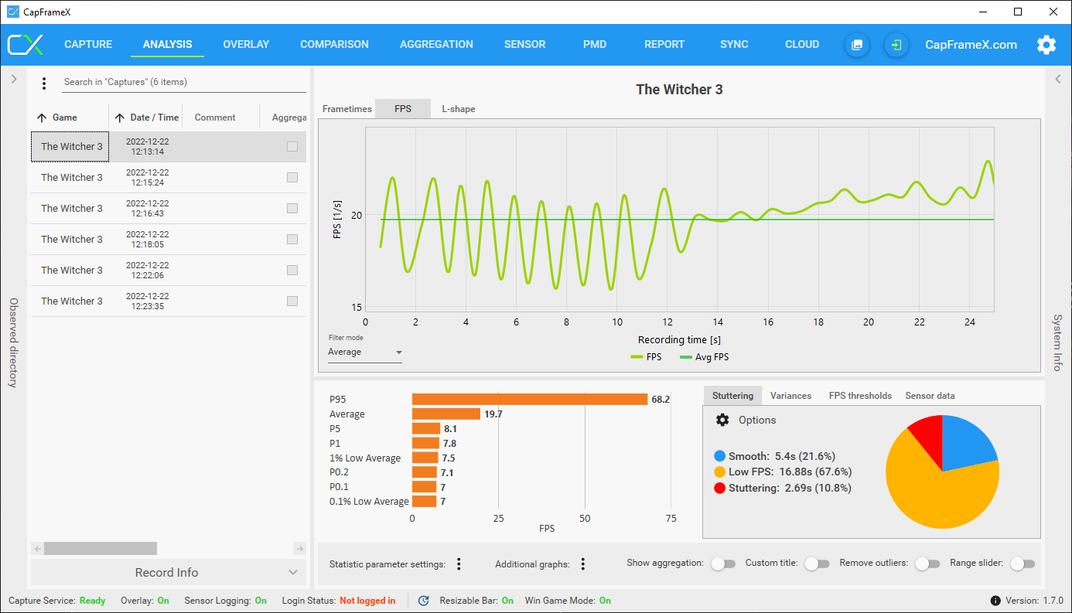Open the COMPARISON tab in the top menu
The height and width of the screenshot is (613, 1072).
[334, 44]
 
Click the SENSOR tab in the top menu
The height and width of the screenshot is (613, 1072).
[524, 44]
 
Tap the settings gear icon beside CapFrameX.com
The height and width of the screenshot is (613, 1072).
[1046, 45]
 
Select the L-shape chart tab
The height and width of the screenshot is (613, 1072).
[459, 109]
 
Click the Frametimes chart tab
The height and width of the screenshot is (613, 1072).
[347, 109]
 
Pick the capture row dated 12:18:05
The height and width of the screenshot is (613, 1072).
[147, 240]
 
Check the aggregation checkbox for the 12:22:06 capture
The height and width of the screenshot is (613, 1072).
[292, 271]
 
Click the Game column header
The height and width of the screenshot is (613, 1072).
[65, 117]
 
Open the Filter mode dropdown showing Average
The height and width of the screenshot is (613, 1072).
[364, 352]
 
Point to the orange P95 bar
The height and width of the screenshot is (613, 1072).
[529, 400]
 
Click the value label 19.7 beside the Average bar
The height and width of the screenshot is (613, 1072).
[493, 414]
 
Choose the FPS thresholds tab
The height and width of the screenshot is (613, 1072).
[860, 396]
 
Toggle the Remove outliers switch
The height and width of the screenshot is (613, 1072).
[927, 564]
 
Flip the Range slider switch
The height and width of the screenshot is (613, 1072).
[1022, 564]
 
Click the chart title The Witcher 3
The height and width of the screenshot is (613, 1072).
[679, 90]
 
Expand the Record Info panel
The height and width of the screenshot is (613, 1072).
[167, 573]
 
